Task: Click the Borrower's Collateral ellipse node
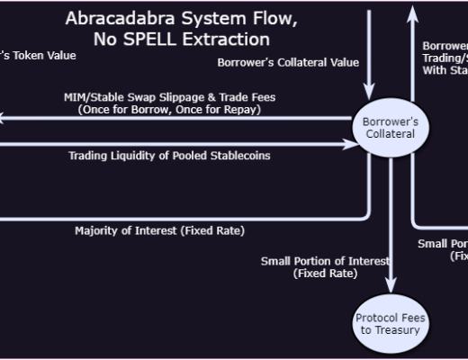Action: [388, 127]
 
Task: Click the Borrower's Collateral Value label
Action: [288, 62]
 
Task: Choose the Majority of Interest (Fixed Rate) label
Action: [158, 230]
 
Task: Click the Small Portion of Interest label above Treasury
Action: [325, 261]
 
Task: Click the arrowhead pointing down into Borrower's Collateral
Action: [368, 90]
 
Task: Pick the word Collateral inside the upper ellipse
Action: [388, 133]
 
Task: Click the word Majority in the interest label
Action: [96, 230]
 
